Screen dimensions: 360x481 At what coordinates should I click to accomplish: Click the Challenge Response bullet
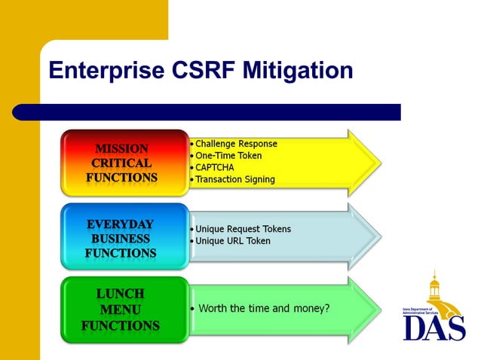coord(236,144)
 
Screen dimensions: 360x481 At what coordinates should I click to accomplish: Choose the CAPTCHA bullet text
coord(216,167)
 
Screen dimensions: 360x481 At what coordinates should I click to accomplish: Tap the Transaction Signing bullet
coord(235,179)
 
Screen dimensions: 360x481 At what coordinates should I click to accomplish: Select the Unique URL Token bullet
coord(233,241)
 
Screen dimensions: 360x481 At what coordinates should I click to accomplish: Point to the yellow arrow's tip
coord(377,161)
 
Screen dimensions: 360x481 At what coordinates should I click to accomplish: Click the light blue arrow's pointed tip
coord(377,236)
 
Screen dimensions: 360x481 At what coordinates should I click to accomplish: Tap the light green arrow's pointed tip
coord(377,309)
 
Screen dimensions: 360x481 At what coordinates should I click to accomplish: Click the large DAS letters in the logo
coord(434,327)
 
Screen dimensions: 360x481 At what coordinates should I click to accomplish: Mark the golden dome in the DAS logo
coord(434,286)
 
